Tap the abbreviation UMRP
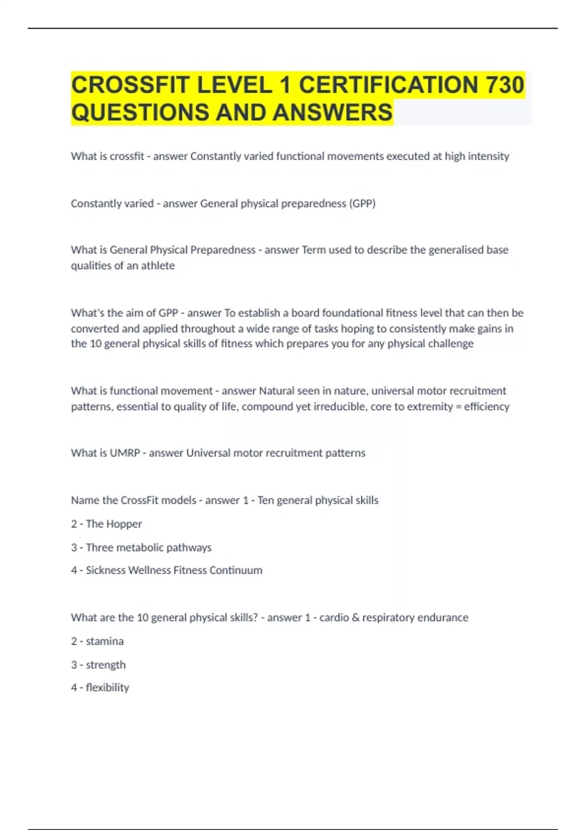tap(125, 453)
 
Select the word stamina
tap(105, 641)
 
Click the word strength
tap(105, 665)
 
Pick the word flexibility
tap(107, 687)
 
